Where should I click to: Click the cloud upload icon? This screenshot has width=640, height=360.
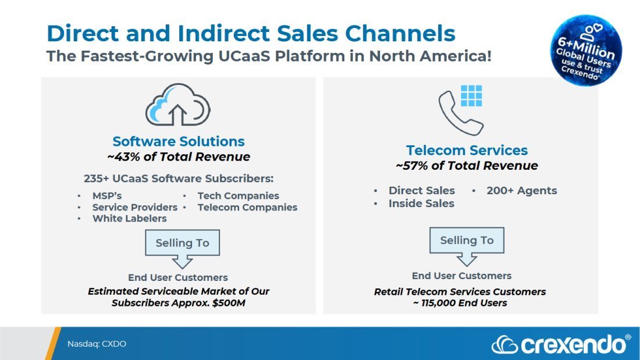point(178,105)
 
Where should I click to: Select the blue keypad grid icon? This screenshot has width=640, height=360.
point(471,96)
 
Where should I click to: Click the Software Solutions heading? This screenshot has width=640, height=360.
point(179,141)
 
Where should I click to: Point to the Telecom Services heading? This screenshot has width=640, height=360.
point(467,150)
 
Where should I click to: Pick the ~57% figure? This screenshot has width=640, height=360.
point(412,166)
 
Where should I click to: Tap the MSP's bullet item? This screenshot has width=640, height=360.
point(107,196)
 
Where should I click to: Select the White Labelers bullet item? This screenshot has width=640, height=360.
point(129,218)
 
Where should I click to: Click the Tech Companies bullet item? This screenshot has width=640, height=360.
point(239,196)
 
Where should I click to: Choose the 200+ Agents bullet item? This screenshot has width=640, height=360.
point(522,191)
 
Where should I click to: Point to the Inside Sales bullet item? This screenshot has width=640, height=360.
point(421,204)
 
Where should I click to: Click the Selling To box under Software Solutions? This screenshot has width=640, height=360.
point(183,243)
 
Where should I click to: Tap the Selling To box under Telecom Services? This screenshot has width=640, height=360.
point(467,240)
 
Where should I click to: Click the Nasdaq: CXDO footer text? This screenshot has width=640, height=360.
point(97,344)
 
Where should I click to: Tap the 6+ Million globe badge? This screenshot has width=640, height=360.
point(586,50)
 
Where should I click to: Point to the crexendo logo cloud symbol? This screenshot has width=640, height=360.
point(504,345)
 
